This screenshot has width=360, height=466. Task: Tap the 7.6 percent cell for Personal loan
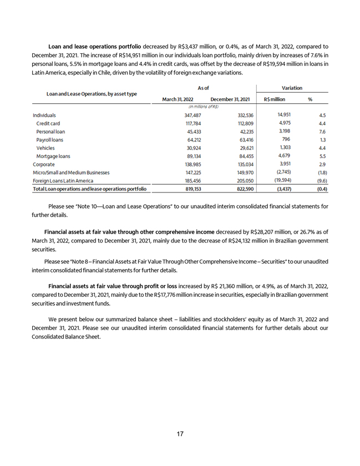pyautogui.click(x=321, y=132)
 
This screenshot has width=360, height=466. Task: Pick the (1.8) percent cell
pyautogui.click(x=321, y=173)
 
